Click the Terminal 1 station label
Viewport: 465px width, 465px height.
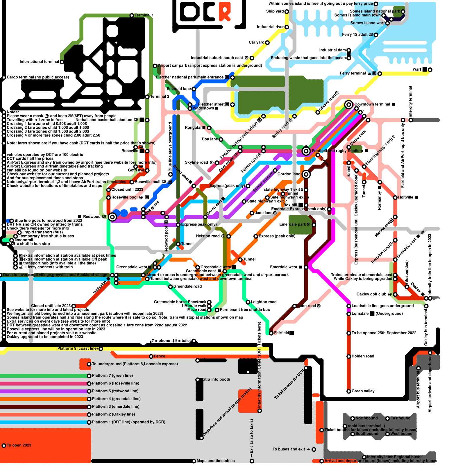(x=144, y=15)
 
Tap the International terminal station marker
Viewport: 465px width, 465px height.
(x=62, y=62)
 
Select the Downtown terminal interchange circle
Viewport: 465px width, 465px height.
(x=349, y=104)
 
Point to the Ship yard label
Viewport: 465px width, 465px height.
(x=275, y=11)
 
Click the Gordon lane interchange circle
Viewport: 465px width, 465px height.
(x=306, y=174)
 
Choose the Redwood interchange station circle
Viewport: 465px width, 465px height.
(x=112, y=217)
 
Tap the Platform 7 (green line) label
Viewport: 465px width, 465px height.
(x=112, y=375)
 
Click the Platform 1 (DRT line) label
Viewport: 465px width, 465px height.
(x=128, y=422)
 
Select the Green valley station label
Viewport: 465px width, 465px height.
(x=363, y=391)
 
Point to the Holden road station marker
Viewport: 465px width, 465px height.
(x=349, y=356)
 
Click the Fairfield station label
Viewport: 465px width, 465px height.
(x=281, y=333)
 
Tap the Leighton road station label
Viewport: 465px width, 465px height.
(x=264, y=302)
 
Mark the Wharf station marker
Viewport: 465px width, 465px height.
(x=430, y=70)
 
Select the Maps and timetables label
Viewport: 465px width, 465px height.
(x=215, y=461)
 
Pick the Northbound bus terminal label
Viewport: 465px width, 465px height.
(x=366, y=418)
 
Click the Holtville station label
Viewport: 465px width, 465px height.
(x=405, y=197)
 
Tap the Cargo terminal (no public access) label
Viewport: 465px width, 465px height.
(x=38, y=77)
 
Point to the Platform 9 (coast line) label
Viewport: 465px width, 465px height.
(x=77, y=348)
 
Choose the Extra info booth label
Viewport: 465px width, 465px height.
(x=217, y=380)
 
